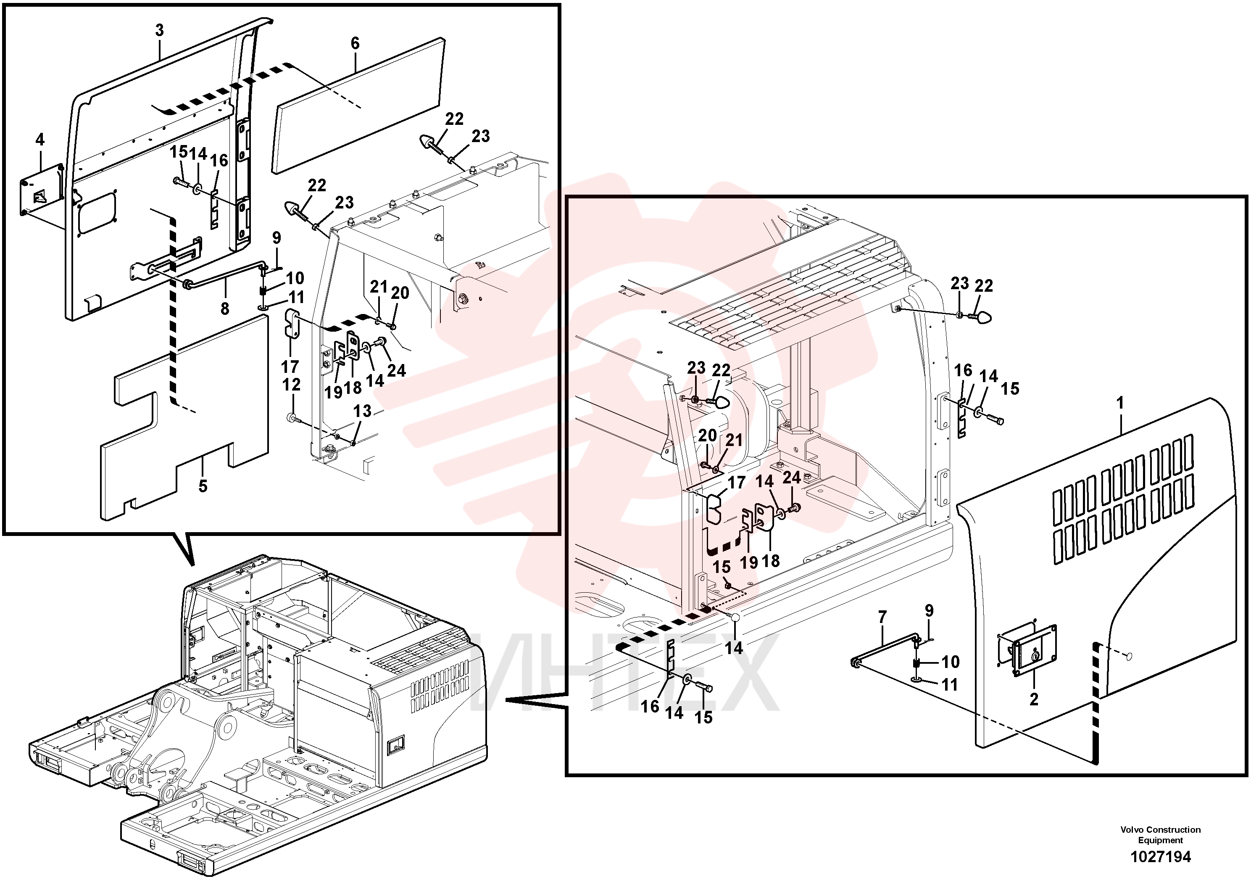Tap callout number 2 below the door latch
click(1034, 699)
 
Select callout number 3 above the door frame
click(160, 31)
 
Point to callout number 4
click(40, 140)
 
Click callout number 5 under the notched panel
click(203, 486)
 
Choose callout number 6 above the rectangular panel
click(355, 43)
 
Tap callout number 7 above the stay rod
click(882, 617)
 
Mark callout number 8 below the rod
click(225, 309)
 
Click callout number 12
click(292, 384)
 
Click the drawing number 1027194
click(1161, 856)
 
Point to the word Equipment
click(1161, 840)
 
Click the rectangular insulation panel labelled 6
click(358, 106)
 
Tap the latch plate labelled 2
click(1027, 651)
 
